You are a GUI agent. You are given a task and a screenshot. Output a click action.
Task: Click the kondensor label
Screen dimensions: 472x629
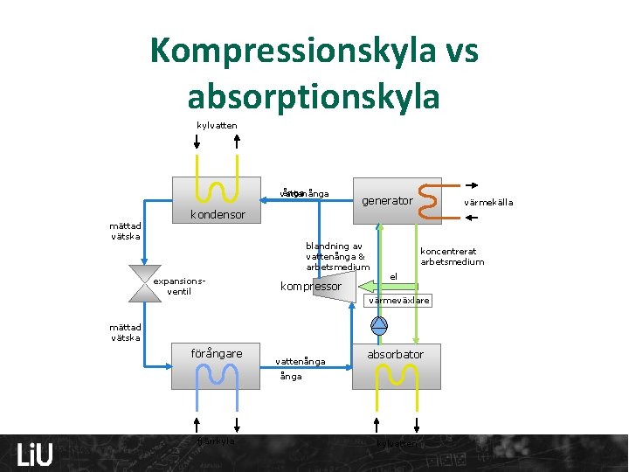point(218,215)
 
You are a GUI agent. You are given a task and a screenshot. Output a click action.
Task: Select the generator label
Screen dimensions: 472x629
point(387,201)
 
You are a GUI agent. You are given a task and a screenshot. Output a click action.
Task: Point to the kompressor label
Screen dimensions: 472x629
point(310,286)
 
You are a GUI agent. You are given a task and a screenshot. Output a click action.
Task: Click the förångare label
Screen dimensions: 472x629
point(217,353)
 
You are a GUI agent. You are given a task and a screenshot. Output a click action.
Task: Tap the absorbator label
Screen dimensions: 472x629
point(395,354)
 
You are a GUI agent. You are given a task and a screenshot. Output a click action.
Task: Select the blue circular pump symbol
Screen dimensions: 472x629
point(379,325)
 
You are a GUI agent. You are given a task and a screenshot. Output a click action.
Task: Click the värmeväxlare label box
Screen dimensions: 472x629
point(398,301)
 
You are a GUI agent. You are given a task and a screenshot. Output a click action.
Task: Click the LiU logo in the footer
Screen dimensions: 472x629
point(35,455)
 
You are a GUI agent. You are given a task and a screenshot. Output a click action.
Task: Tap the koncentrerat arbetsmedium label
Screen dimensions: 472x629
point(452,256)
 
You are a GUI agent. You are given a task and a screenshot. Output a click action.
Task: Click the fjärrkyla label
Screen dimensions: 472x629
point(217,441)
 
